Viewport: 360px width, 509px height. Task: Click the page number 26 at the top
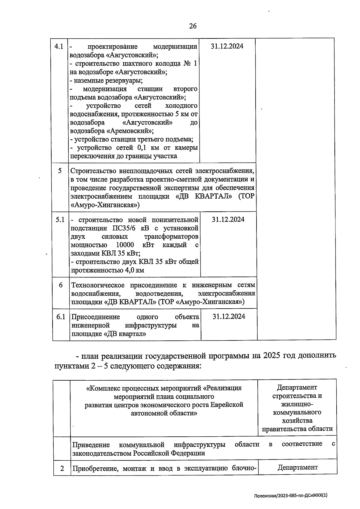193,26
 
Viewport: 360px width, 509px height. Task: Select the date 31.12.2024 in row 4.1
227,46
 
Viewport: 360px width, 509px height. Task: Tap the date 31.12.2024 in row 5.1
228,220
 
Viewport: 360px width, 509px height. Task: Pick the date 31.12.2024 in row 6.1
229,317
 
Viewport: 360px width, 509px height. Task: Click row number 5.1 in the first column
60,220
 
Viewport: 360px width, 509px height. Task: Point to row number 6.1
61,317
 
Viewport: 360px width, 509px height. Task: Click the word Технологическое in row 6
98,285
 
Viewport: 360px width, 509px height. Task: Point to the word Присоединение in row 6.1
95,317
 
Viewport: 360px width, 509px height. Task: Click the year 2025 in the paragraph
271,355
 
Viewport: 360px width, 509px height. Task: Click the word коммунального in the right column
297,412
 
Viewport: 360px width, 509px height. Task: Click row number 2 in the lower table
62,468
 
